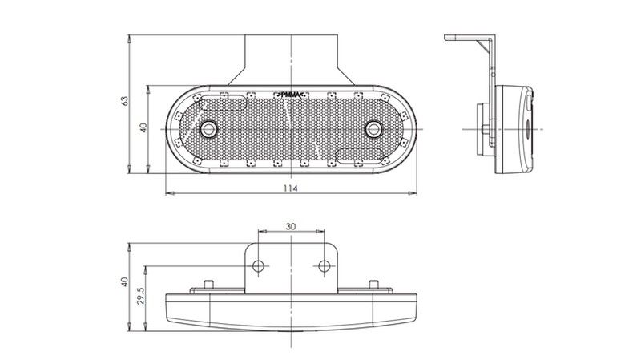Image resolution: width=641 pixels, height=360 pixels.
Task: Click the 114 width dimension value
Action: point(291,188)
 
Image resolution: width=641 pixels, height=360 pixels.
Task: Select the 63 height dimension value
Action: point(125,101)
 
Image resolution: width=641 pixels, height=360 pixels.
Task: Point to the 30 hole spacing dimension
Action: point(291,226)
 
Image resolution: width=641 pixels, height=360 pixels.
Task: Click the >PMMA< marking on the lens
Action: point(291,95)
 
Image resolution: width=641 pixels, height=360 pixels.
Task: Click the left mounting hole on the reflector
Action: point(208,129)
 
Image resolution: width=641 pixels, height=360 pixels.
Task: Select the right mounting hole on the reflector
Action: point(373,129)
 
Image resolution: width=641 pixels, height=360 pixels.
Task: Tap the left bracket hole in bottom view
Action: point(258,266)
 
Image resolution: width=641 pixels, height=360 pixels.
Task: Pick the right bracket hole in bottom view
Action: point(325,266)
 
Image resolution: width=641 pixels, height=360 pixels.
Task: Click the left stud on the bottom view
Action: point(209,284)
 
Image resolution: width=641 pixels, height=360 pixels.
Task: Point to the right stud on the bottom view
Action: point(373,284)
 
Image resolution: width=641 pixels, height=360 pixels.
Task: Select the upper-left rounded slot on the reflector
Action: point(223,103)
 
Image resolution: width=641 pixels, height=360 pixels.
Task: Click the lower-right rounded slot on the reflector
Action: point(360,156)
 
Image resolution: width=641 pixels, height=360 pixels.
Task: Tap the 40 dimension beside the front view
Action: point(143,127)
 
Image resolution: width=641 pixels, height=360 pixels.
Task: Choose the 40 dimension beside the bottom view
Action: point(125,282)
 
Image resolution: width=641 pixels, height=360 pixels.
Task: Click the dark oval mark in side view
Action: point(526,129)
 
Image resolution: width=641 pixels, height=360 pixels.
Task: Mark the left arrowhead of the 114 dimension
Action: point(169,192)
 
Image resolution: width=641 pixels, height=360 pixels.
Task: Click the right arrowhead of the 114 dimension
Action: point(413,192)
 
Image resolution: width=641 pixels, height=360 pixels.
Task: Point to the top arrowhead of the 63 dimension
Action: point(129,38)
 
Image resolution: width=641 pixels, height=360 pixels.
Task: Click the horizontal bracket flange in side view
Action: point(468,37)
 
